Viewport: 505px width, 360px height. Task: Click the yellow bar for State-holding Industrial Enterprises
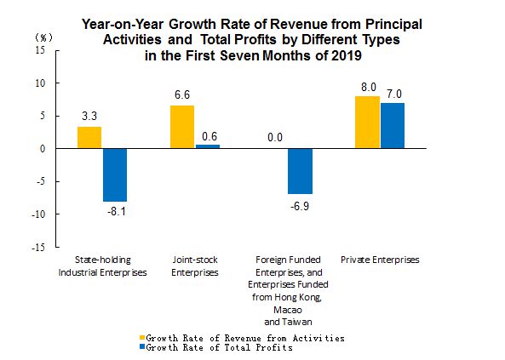pyautogui.click(x=89, y=138)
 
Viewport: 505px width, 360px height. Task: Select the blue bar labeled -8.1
pyautogui.click(x=115, y=174)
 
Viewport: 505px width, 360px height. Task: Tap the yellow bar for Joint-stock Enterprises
pyautogui.click(x=182, y=127)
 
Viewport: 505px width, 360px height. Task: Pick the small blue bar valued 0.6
pyautogui.click(x=208, y=146)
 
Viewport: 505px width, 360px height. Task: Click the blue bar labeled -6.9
pyautogui.click(x=300, y=171)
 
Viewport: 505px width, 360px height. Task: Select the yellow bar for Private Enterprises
pyautogui.click(x=367, y=122)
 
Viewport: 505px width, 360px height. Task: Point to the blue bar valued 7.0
pyautogui.click(x=393, y=126)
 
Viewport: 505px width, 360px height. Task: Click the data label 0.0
pyautogui.click(x=275, y=138)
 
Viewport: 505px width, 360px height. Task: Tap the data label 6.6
pyautogui.click(x=182, y=94)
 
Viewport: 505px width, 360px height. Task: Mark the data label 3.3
pyautogui.click(x=89, y=116)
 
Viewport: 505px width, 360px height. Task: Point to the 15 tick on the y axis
pyautogui.click(x=40, y=50)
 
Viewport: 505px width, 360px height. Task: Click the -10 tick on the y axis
pyautogui.click(x=38, y=214)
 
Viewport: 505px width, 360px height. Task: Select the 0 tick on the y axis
pyautogui.click(x=43, y=149)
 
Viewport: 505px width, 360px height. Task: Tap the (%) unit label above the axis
pyautogui.click(x=43, y=38)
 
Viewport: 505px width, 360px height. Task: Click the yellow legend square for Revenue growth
pyautogui.click(x=142, y=338)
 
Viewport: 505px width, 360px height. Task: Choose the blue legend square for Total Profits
pyautogui.click(x=142, y=347)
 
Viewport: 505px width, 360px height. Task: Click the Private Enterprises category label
pyautogui.click(x=380, y=260)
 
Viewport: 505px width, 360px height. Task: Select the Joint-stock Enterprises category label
pyautogui.click(x=195, y=266)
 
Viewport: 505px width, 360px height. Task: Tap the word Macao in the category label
pyautogui.click(x=288, y=310)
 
